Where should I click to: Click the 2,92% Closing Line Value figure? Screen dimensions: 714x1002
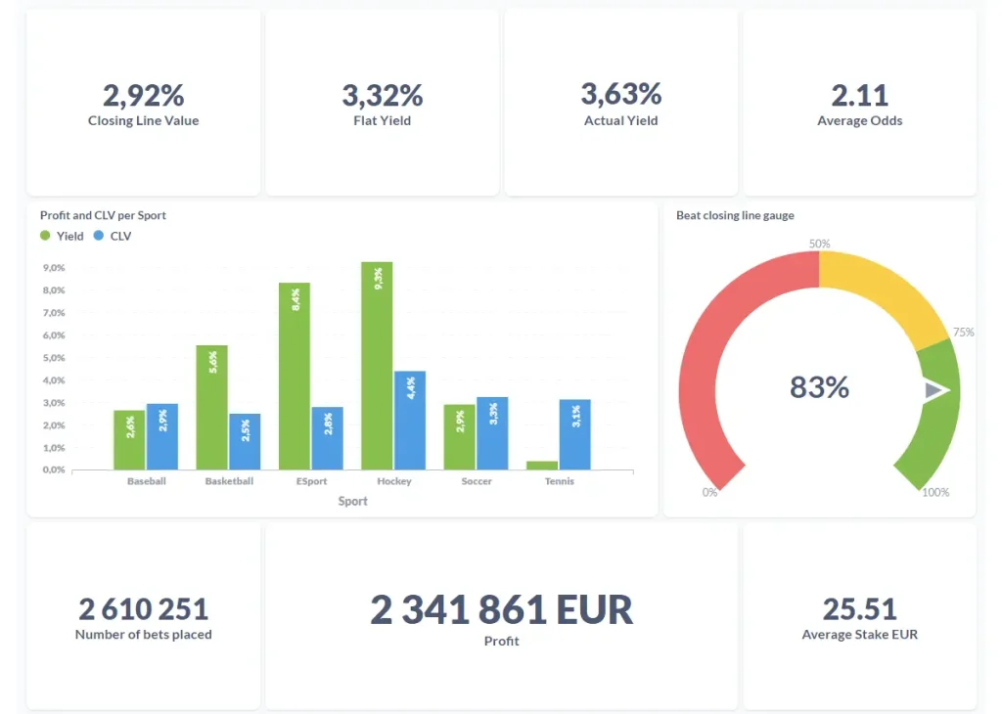point(143,95)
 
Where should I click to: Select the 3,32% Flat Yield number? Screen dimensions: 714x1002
point(382,95)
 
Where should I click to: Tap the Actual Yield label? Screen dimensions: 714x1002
point(620,121)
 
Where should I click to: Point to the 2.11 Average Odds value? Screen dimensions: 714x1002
point(859,95)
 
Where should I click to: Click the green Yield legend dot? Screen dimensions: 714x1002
point(45,236)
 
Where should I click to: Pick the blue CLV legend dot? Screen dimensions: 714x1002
point(98,236)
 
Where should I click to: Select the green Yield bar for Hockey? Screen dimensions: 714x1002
point(377,366)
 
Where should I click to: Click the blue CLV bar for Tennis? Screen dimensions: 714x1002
point(575,434)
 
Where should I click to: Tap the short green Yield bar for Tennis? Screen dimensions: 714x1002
point(542,466)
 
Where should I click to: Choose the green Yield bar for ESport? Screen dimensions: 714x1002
point(295,376)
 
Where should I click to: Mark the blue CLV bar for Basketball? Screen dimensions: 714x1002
point(245,441)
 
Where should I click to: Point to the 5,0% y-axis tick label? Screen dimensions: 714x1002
point(53,358)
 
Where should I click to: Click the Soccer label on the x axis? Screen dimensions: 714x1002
point(477,481)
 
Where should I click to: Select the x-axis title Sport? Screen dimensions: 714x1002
point(353,501)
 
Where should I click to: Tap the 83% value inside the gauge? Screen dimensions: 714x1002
point(819,387)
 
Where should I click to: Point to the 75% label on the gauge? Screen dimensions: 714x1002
point(963,333)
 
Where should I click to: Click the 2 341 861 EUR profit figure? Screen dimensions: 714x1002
point(501,609)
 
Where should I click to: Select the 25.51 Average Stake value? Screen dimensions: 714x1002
point(859,609)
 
